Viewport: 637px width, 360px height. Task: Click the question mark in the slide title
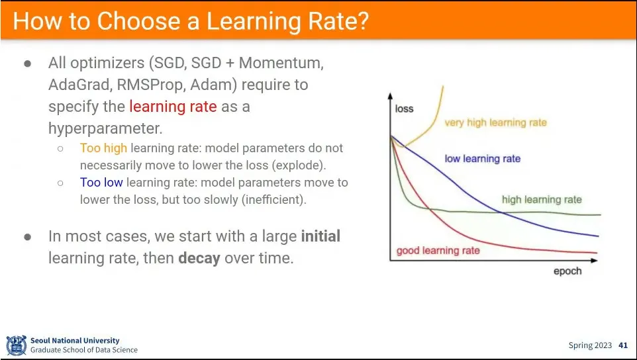[x=362, y=21]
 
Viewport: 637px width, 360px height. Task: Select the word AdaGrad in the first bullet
[x=79, y=85]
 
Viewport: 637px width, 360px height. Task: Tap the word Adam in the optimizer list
[x=214, y=85]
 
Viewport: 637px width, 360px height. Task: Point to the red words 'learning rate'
[x=173, y=107]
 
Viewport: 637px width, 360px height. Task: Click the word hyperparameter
[x=105, y=128]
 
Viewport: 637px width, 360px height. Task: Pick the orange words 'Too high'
[x=103, y=148]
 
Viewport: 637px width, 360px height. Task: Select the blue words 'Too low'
[x=101, y=183]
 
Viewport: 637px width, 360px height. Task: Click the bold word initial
[x=320, y=236]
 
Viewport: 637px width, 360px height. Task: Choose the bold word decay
[x=199, y=257]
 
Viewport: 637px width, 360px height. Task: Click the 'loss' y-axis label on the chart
[x=404, y=109]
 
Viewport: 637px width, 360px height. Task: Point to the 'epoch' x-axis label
[x=567, y=271]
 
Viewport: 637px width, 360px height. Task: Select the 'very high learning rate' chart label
[x=495, y=122]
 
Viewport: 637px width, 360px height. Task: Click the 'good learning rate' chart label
[x=438, y=250]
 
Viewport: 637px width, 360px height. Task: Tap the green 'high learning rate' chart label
[x=542, y=200]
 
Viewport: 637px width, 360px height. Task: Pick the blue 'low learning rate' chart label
[x=482, y=158]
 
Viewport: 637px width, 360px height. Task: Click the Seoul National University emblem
[x=17, y=345]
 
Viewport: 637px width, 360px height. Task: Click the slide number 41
[x=623, y=345]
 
